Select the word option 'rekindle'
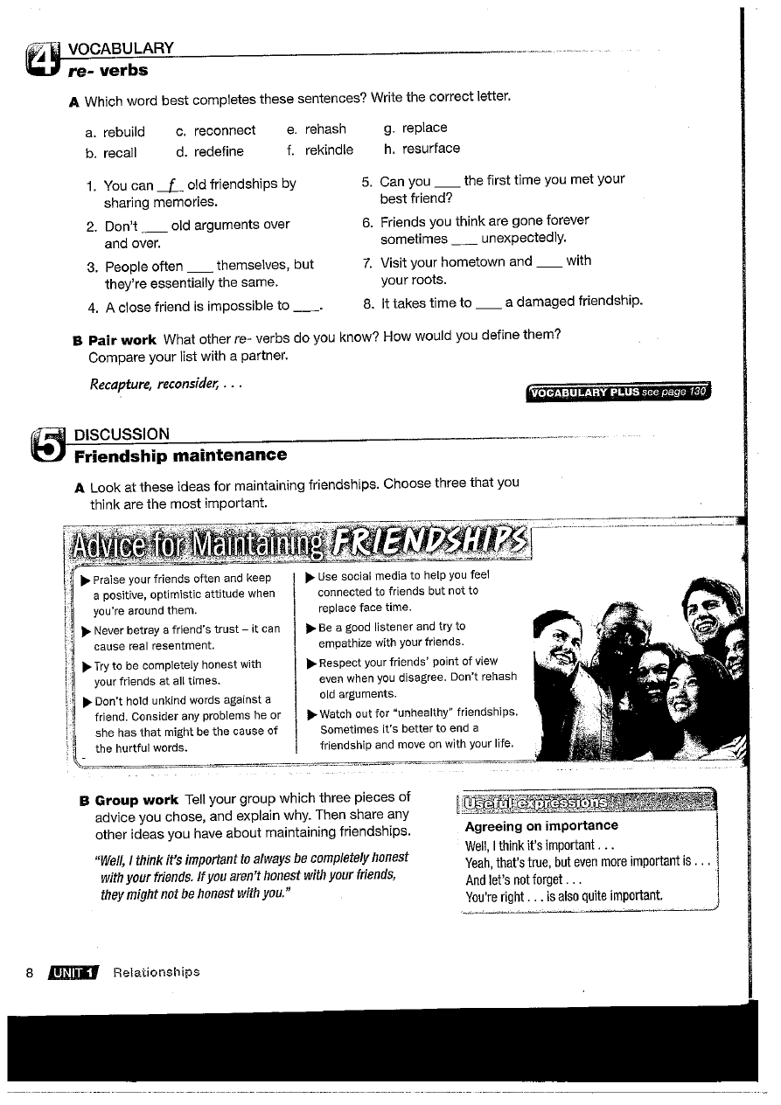[x=329, y=150]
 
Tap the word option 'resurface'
[x=430, y=149]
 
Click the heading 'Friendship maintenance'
[x=181, y=455]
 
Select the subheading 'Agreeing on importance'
[x=541, y=826]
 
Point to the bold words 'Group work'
[x=136, y=800]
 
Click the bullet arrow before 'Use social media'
[x=310, y=576]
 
